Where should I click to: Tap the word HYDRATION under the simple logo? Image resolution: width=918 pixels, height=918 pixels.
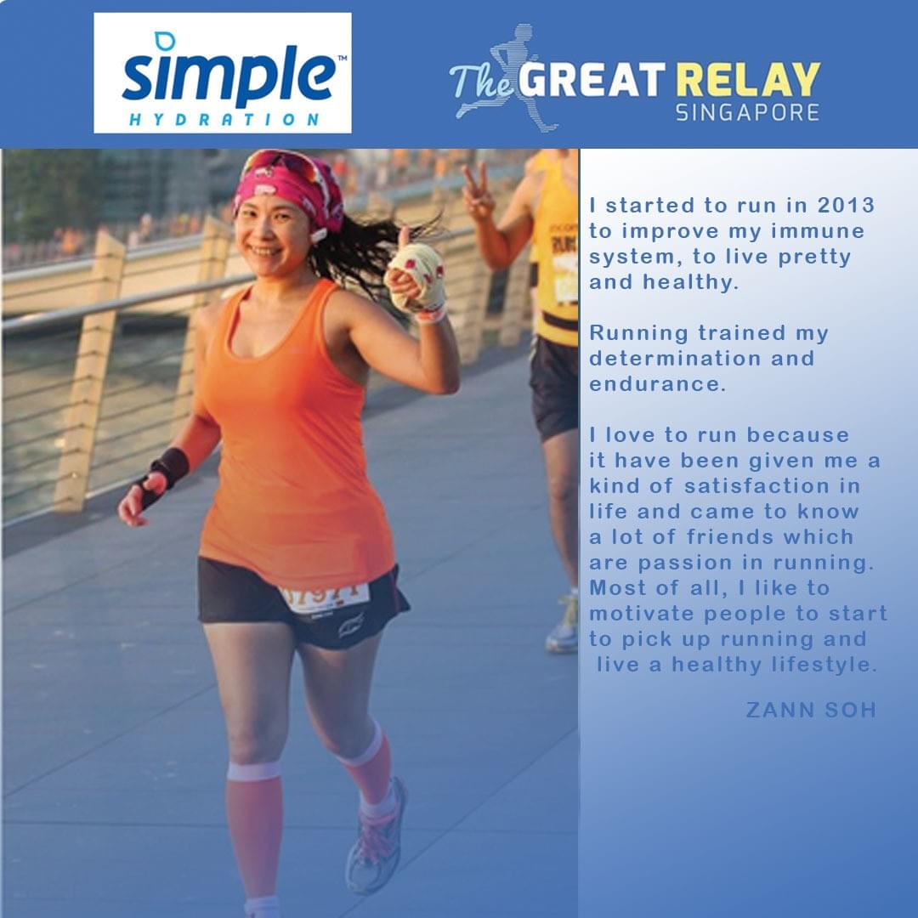[224, 120]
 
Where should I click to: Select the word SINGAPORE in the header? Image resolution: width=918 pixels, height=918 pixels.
[748, 112]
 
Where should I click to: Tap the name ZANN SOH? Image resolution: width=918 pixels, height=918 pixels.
[811, 710]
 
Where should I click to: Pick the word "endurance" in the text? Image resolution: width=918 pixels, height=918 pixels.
[657, 384]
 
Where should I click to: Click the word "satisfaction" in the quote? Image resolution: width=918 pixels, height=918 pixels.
[756, 486]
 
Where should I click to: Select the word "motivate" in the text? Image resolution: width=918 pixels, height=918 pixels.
[642, 614]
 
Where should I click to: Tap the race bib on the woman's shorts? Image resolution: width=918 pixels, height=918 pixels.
[324, 598]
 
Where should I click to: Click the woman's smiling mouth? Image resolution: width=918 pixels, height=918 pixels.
[266, 251]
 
